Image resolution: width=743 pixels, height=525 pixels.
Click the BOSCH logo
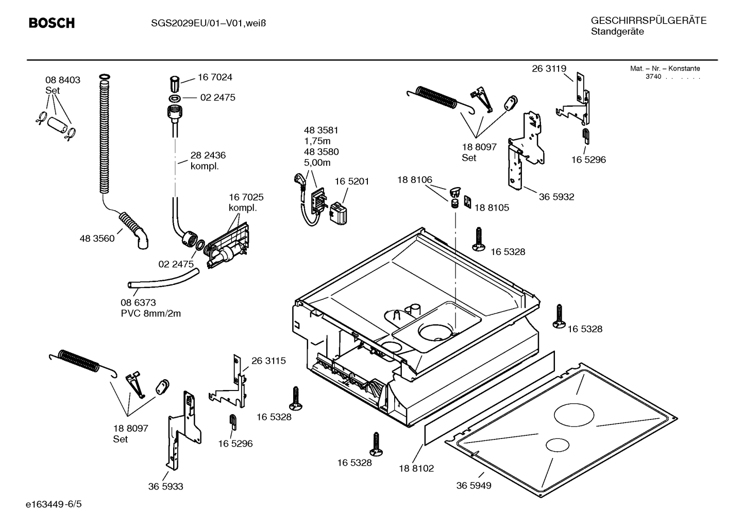coord(52,23)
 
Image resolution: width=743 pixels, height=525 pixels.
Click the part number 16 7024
coord(215,77)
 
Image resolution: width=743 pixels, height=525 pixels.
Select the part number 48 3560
coord(97,239)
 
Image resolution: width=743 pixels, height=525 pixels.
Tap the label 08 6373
coord(138,302)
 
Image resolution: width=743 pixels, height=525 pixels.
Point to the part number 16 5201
coord(352,181)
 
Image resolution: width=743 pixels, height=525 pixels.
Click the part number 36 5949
coord(474,485)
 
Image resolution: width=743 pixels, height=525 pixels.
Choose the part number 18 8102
coord(416,468)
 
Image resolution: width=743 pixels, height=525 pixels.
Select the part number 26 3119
coord(549,69)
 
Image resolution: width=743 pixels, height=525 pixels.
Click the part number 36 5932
coord(556,197)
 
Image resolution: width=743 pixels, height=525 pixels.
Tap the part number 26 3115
coord(268,361)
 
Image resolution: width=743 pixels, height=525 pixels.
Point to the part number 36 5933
coord(165,486)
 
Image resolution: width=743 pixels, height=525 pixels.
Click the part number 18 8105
coord(491,208)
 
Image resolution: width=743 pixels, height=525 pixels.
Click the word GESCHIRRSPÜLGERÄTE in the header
coord(648,21)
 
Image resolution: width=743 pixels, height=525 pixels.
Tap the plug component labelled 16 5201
coord(339,213)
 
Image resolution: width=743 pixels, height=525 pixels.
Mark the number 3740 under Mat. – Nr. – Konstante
coord(653,77)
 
